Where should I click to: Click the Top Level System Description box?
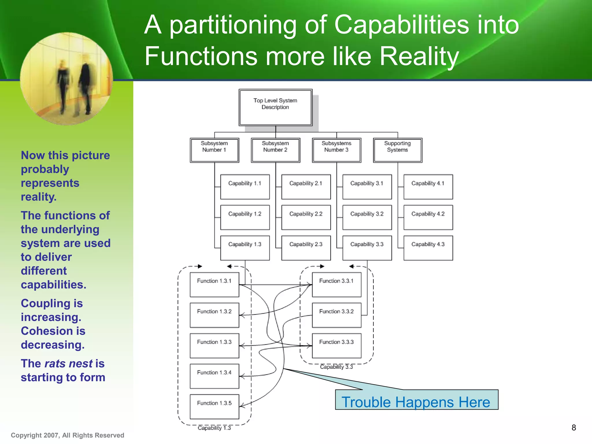275,108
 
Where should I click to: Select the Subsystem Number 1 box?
214,150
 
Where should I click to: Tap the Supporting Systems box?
397,150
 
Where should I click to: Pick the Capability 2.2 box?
306,217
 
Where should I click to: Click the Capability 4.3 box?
428,248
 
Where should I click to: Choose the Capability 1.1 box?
245,187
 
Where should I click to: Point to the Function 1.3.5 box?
214,406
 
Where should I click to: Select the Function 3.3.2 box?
336,315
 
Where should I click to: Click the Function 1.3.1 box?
214,284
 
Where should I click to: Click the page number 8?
574,428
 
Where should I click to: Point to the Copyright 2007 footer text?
67,435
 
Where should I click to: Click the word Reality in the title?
419,56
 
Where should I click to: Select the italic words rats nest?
69,364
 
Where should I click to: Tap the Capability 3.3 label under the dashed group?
336,367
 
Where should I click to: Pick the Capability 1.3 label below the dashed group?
214,428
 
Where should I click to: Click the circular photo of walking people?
66,79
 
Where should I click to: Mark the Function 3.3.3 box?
336,345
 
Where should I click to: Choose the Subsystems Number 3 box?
336,150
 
